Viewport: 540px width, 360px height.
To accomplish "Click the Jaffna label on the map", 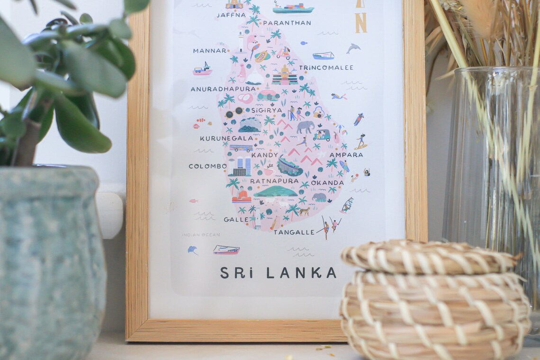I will (231, 15).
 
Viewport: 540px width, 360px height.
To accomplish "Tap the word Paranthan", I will (287, 23).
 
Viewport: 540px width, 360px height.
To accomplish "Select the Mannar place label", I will (210, 50).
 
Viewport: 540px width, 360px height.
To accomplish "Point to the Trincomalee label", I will (326, 68).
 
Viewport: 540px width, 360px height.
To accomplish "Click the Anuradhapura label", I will (223, 89).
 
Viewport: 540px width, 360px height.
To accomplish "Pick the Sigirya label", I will (267, 110).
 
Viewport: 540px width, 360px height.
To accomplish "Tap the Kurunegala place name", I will (226, 138).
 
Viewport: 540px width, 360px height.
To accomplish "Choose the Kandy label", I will (264, 155).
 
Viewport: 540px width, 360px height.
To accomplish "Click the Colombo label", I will (207, 166).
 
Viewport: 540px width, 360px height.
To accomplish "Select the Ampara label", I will (346, 155).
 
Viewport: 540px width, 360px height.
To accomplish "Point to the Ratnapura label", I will (274, 181).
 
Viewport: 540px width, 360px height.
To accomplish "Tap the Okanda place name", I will (327, 183).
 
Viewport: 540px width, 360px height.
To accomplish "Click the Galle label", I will (236, 219).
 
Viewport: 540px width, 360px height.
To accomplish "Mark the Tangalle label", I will (294, 232).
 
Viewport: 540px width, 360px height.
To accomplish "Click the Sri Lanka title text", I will (278, 273).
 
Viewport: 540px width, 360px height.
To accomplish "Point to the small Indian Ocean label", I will (201, 234).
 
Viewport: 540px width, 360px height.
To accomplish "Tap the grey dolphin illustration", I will (352, 48).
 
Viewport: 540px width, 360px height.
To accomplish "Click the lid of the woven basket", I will (429, 257).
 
